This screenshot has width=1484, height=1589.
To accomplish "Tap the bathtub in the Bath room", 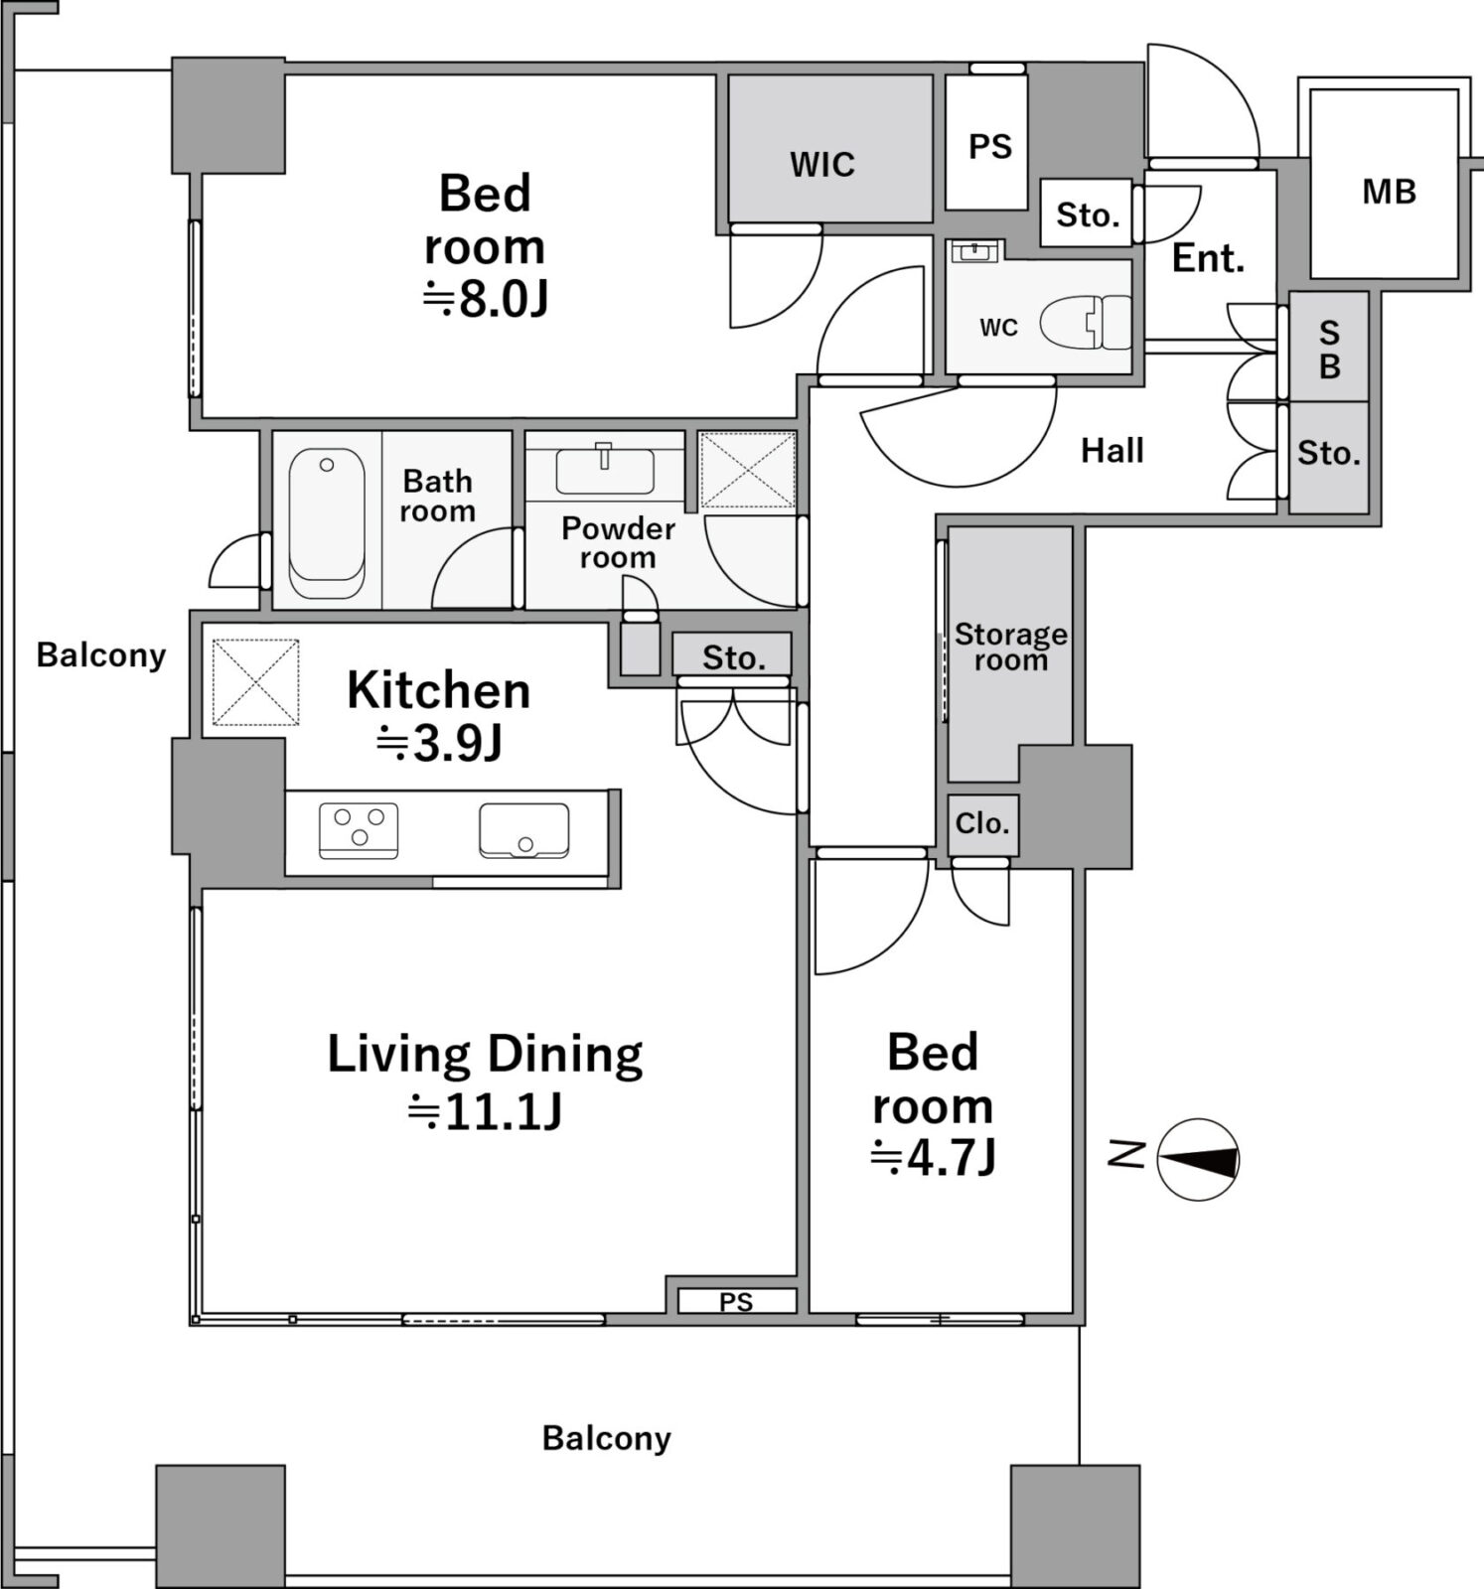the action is click(x=327, y=522).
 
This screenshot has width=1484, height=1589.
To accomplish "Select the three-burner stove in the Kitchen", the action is click(x=359, y=830).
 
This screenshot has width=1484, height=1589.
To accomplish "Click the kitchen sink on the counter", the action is click(x=524, y=830).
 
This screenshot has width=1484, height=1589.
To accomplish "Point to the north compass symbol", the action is click(x=1198, y=1160).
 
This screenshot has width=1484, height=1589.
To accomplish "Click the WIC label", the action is click(x=822, y=164).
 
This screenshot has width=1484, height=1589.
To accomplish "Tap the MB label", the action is click(x=1389, y=192).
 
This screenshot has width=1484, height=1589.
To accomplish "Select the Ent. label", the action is click(x=1208, y=258).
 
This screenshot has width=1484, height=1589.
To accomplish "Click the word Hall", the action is click(x=1113, y=451).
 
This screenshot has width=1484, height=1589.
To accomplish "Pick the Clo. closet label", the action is click(x=982, y=823).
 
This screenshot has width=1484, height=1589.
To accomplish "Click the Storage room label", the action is click(x=1011, y=647).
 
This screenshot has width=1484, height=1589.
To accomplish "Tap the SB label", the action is click(x=1329, y=350).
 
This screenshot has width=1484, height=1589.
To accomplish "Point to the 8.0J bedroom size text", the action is click(x=486, y=298).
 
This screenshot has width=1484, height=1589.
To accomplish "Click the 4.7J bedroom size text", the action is click(x=933, y=1157).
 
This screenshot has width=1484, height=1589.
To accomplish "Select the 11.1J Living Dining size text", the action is click(x=485, y=1111).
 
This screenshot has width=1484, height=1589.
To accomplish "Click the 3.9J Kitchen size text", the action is click(x=439, y=742).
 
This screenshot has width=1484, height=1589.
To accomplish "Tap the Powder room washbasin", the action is click(x=604, y=470).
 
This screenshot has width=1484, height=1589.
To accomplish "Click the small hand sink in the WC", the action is click(x=974, y=251).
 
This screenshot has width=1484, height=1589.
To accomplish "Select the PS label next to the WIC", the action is click(x=990, y=147).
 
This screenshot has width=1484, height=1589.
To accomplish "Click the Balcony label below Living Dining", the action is click(x=607, y=1438).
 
